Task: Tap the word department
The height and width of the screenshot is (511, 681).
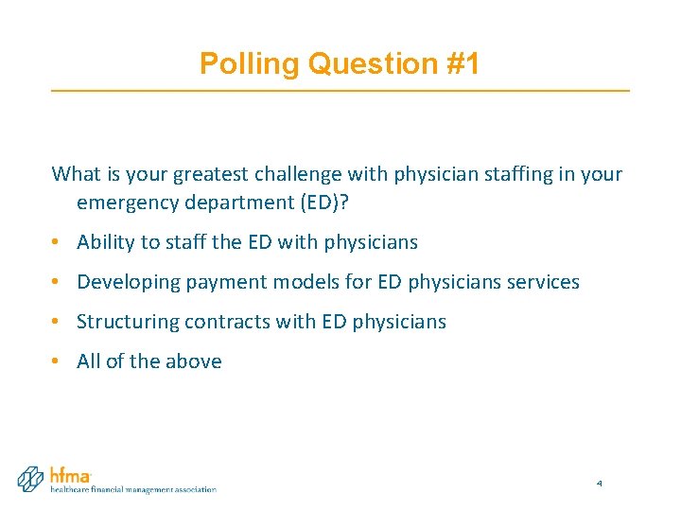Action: (224, 203)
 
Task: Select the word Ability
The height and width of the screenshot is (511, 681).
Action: (106, 242)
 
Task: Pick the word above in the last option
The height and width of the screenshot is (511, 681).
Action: (194, 361)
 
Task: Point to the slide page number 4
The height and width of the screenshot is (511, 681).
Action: (599, 485)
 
